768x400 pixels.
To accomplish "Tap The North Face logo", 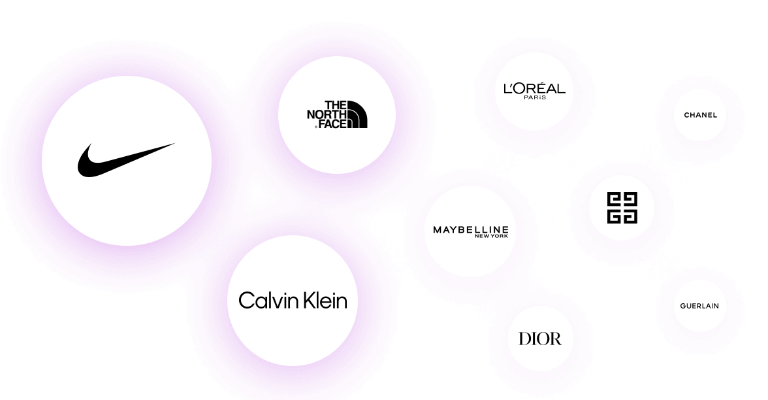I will (337, 114).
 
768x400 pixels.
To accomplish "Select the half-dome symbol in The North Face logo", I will (357, 115).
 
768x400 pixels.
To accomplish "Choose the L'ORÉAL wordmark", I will (534, 89).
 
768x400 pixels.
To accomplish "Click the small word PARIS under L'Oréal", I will (534, 98).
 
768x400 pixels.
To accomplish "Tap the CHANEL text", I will (700, 115).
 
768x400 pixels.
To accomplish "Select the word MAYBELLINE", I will (470, 229).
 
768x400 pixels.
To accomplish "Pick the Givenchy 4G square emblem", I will (621, 208).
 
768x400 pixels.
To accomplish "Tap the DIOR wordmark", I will (539, 339).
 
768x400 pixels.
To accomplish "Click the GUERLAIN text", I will (699, 306).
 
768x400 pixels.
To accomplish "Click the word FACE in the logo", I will (332, 123).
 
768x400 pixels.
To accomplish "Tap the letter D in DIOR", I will (524, 339).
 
